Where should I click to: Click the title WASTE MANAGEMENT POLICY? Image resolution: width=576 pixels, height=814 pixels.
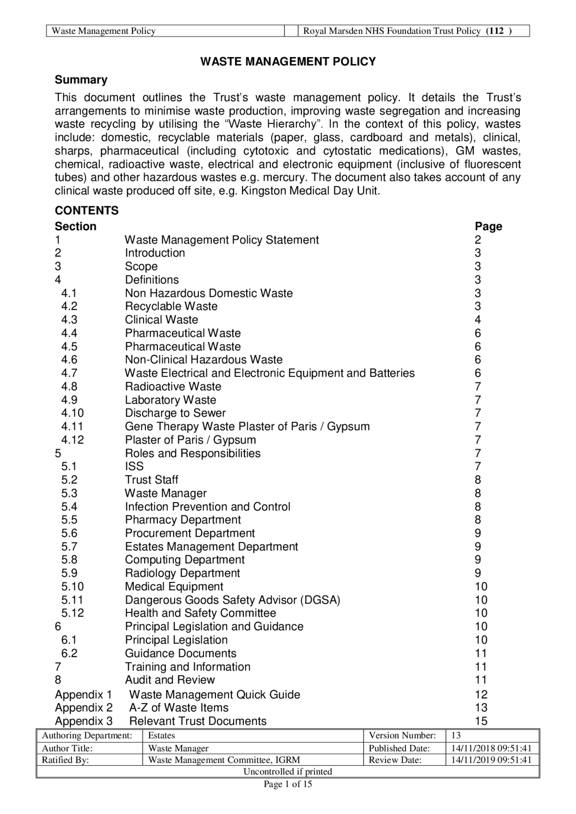[288, 62]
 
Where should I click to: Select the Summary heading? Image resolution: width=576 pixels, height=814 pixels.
[81, 80]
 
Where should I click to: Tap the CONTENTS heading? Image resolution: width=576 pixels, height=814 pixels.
[86, 210]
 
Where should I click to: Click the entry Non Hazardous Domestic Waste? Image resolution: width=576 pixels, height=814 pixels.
[209, 293]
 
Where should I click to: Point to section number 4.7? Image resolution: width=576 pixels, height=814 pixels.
[69, 373]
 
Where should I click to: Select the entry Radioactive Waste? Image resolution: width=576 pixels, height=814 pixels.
[173, 387]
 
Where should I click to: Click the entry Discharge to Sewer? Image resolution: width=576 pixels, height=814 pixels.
[175, 413]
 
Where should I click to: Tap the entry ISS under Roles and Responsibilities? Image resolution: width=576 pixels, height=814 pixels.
[134, 467]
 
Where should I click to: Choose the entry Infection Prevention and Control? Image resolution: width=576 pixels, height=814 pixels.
[207, 507]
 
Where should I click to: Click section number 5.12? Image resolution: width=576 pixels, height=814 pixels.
[72, 613]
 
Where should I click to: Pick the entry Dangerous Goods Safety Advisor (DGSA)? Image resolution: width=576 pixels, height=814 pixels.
[233, 600]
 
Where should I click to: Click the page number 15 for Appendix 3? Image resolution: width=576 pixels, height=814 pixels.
[481, 721]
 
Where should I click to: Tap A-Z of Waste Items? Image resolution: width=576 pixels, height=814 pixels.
[179, 707]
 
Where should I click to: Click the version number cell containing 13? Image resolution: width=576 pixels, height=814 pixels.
[456, 735]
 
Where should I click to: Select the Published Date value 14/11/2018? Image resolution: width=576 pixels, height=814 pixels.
[491, 748]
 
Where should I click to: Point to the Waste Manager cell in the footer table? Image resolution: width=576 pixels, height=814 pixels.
[178, 748]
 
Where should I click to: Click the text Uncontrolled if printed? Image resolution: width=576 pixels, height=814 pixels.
[288, 771]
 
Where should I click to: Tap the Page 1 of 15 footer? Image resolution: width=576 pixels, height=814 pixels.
[288, 784]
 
